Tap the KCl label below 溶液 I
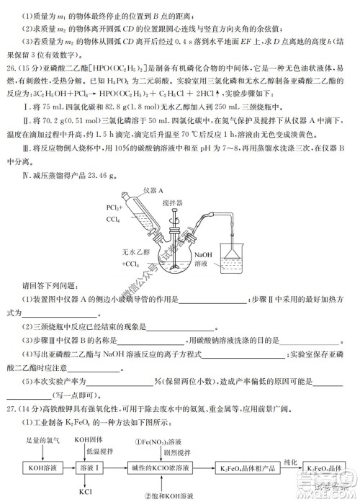tap(85, 492)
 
